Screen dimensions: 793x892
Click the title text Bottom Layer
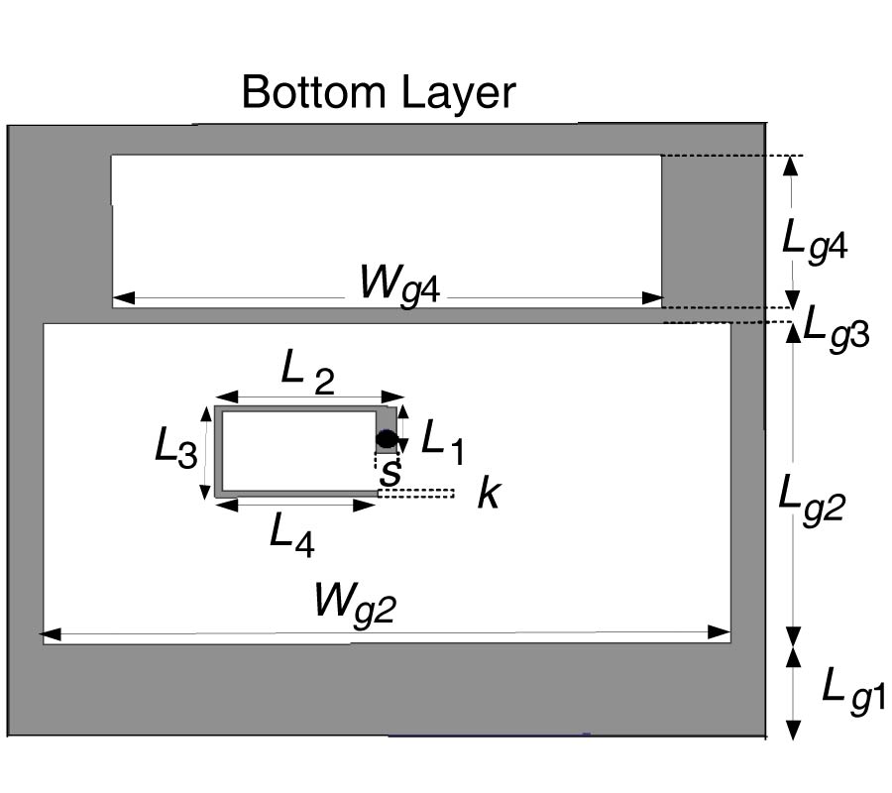pos(379,93)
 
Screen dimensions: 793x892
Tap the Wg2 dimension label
pos(354,602)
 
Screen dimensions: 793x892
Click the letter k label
pos(488,493)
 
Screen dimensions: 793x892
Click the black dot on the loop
pos(387,438)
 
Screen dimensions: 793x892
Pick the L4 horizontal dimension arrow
pos(294,505)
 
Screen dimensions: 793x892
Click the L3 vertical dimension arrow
pos(206,452)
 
